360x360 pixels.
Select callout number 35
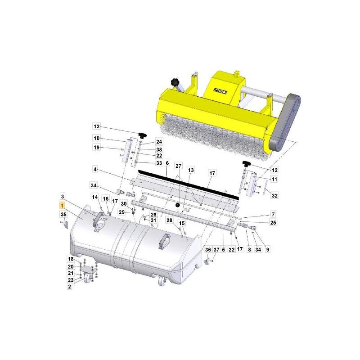[x=63, y=215]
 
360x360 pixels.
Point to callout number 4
[x=95, y=170]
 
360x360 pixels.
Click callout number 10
[x=96, y=138]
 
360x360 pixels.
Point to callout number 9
[x=268, y=249]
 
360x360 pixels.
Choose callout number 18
[x=71, y=259]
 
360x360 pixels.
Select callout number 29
[x=121, y=212]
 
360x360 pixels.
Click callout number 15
[x=182, y=223]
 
